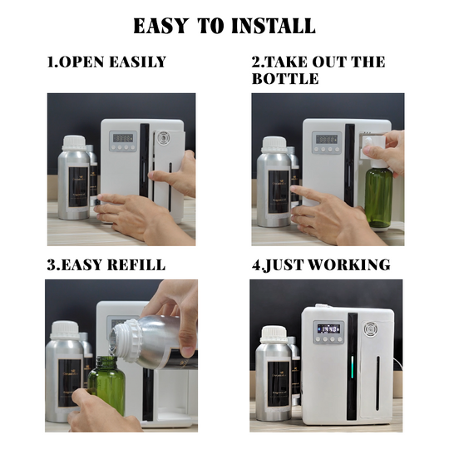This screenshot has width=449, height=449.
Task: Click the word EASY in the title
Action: (x=162, y=26)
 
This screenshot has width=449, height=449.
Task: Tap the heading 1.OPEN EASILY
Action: (x=106, y=62)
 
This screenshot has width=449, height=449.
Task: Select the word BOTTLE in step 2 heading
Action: (x=285, y=79)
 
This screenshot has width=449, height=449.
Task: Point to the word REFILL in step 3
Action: (x=136, y=265)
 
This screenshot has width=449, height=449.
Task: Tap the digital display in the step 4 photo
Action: (x=330, y=328)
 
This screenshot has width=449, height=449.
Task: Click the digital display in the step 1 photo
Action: (x=123, y=138)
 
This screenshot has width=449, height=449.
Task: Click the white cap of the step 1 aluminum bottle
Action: (x=74, y=142)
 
